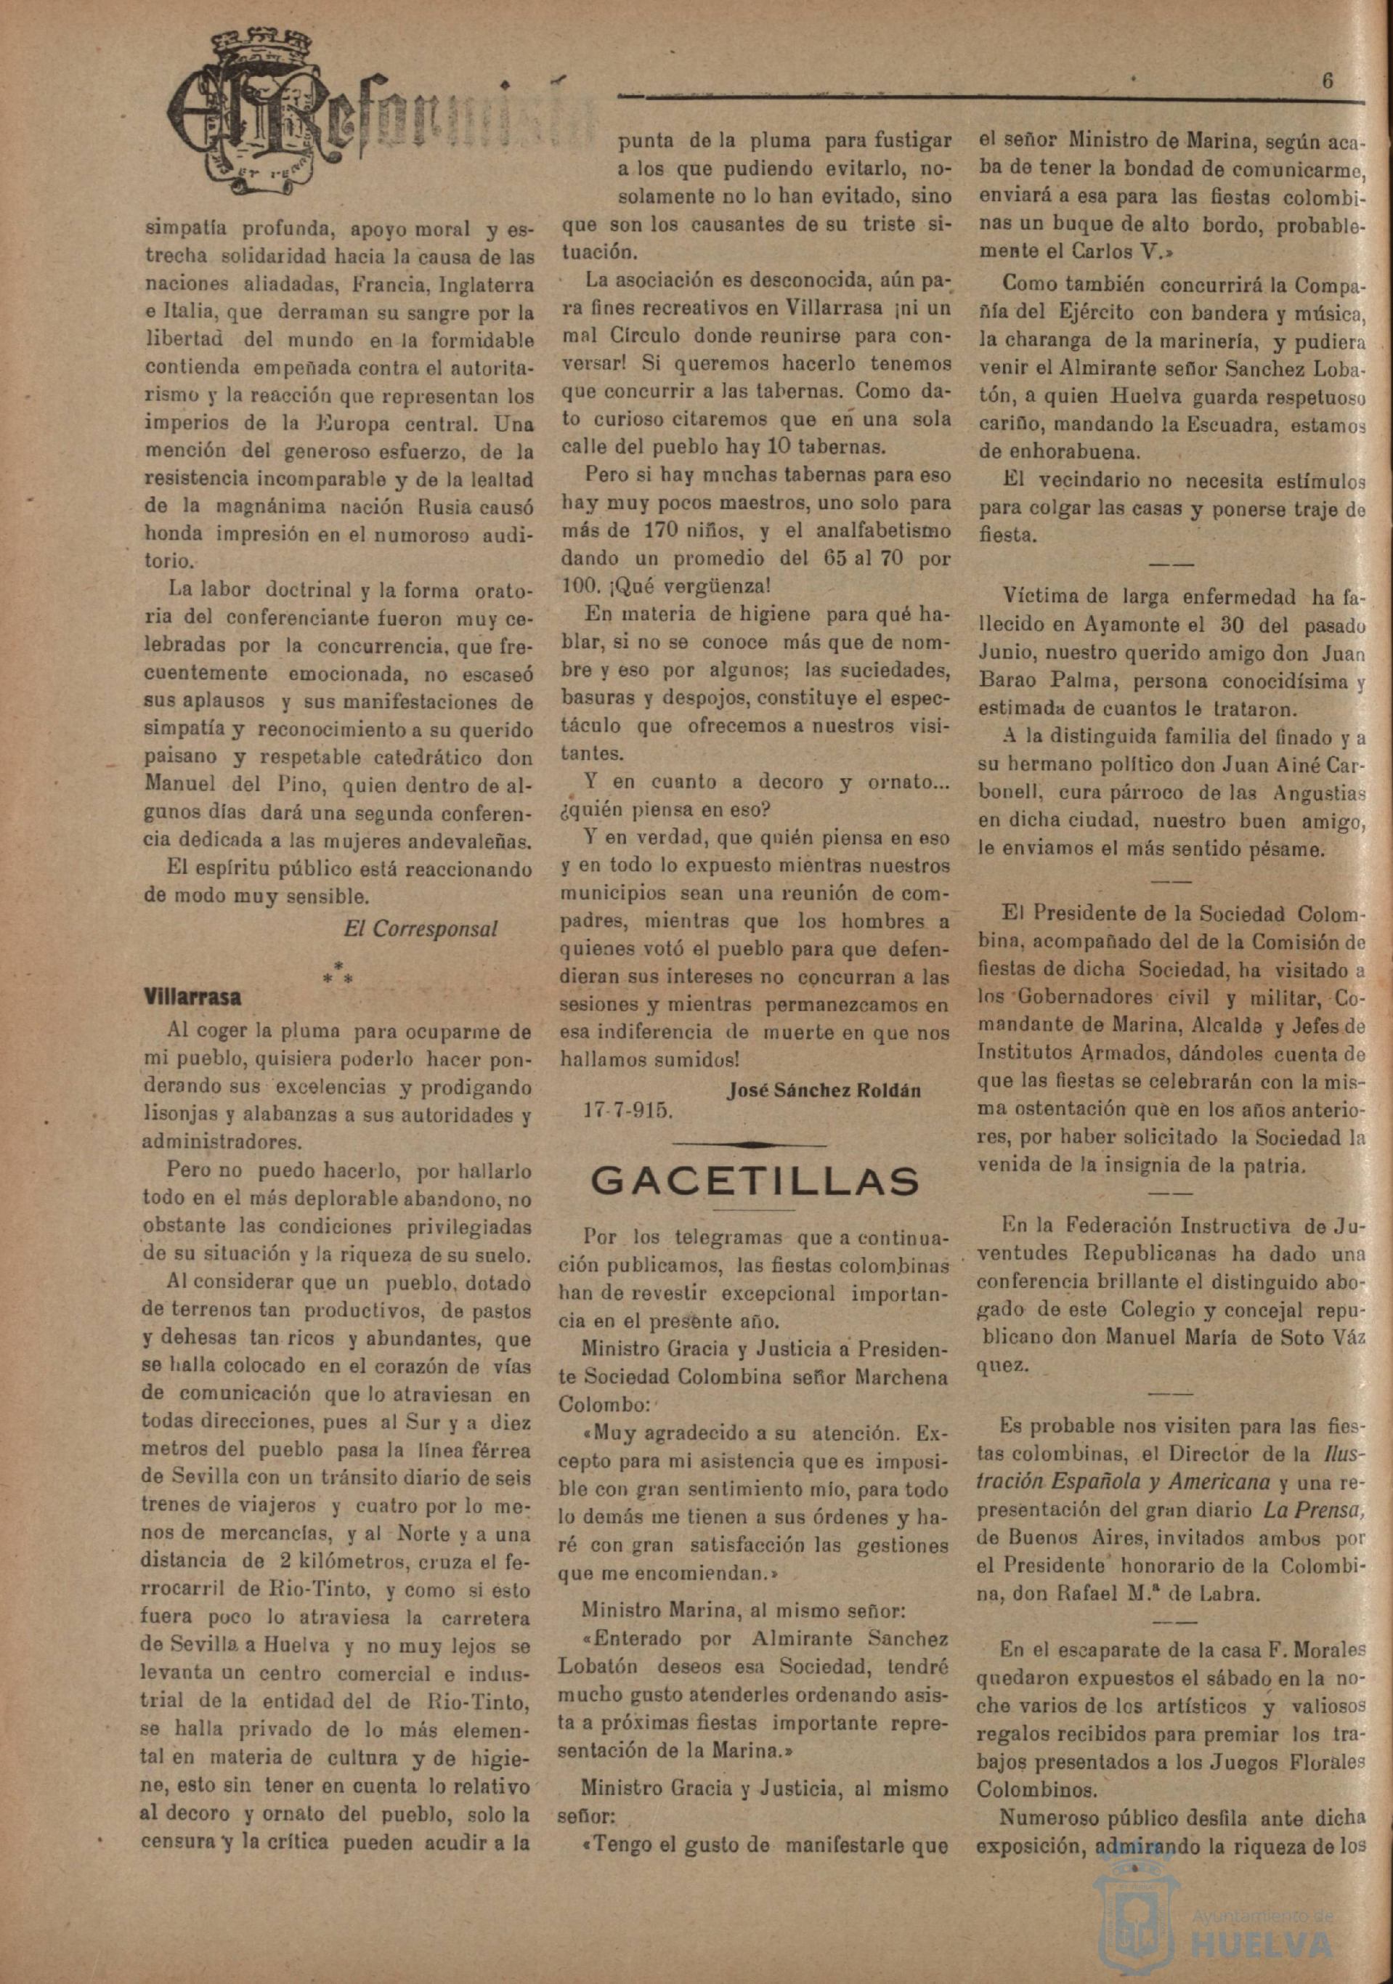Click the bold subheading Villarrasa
pos(192,996)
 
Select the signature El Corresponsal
pos(420,929)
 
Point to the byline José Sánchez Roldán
pos(824,1090)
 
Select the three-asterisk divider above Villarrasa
pos(338,970)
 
